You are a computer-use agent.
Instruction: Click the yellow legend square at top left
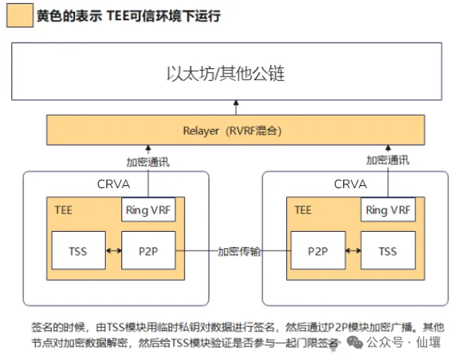point(19,15)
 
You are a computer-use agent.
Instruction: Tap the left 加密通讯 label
point(148,160)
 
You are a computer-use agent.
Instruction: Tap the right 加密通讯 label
point(388,160)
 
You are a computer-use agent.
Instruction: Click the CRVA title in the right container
point(350,184)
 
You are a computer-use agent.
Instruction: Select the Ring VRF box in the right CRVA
point(387,211)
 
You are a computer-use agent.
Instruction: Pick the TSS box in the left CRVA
point(77,251)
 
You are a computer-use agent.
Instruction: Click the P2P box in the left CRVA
point(148,251)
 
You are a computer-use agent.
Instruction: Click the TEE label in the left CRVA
point(63,210)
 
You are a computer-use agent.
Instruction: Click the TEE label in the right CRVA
point(303,210)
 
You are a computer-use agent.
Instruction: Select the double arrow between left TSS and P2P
point(112,251)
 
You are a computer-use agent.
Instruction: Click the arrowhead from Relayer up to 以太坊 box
point(236,103)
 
